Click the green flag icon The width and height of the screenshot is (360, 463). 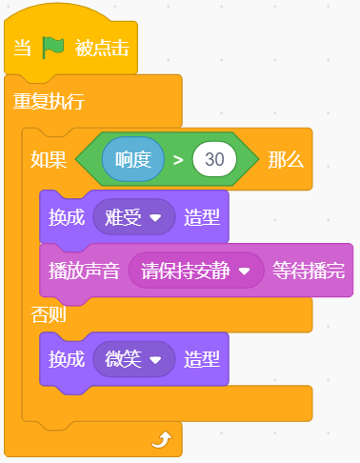(x=53, y=48)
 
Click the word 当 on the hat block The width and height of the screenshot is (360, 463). (x=22, y=49)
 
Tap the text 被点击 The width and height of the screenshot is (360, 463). (x=102, y=49)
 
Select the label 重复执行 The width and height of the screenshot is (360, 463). (x=49, y=101)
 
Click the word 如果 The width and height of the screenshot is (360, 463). (x=49, y=159)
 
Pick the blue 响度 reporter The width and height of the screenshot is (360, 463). (x=133, y=159)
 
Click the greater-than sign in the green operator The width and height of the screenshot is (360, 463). (x=178, y=160)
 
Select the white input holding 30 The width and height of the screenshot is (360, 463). (x=214, y=159)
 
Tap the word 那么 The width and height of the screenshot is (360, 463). (x=286, y=159)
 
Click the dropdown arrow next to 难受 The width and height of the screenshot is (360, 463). (x=155, y=218)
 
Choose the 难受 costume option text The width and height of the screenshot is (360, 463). (x=123, y=217)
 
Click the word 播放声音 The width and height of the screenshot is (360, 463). (x=84, y=271)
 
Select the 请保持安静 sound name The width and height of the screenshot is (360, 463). (x=185, y=271)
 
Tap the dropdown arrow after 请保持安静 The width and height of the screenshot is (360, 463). (x=245, y=272)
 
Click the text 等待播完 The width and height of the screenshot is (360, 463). (x=309, y=271)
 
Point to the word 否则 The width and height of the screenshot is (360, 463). (x=49, y=314)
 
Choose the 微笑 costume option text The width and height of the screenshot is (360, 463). (x=123, y=359)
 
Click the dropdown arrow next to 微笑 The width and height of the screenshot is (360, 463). (x=155, y=360)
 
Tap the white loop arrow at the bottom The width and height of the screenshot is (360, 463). (x=162, y=439)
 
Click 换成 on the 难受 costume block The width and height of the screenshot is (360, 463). (x=67, y=217)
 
